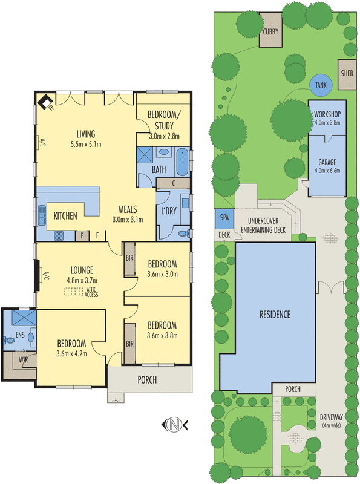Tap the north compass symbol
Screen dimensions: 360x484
tap(174, 425)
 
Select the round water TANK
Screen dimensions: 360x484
tap(321, 85)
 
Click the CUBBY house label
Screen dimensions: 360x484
tap(270, 32)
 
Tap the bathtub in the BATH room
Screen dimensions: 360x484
tap(183, 162)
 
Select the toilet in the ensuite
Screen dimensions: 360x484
tap(9, 340)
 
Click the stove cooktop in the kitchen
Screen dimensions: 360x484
tap(59, 236)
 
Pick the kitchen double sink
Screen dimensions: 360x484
tap(41, 216)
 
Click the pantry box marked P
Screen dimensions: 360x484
tap(82, 236)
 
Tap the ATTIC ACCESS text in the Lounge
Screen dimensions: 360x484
tap(91, 292)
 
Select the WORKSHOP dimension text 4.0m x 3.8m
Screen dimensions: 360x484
tap(327, 122)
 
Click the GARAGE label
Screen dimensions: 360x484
tap(327, 162)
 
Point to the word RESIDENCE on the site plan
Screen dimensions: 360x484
tap(275, 314)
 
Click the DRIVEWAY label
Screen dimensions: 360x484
tap(332, 417)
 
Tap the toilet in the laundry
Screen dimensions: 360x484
tap(185, 234)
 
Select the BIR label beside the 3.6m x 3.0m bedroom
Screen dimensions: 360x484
tap(129, 258)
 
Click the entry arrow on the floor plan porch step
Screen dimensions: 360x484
tap(116, 402)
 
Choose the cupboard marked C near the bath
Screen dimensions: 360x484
tap(173, 183)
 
